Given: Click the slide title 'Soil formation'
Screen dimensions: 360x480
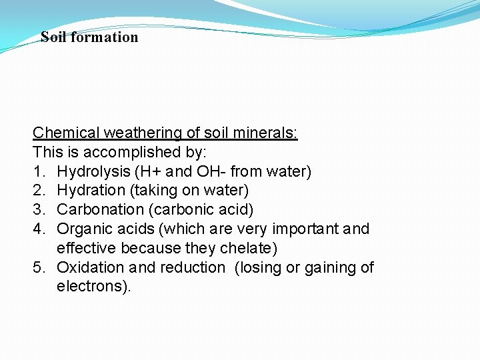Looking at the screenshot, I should (89, 37).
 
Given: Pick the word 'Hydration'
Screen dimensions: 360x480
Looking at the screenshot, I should (89, 191).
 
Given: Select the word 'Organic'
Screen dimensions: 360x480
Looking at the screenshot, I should (83, 229).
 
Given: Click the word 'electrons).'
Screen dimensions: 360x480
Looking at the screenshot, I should (95, 287).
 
